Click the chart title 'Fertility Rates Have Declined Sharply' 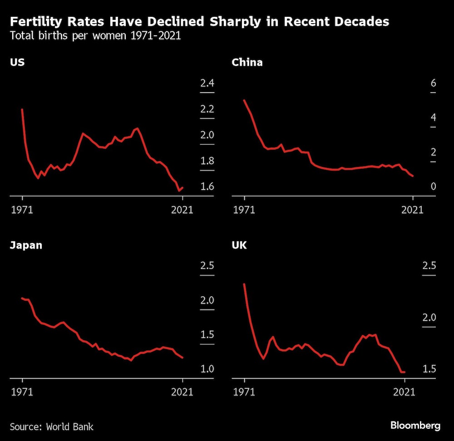tap(199, 22)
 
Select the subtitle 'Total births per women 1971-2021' tap(95, 36)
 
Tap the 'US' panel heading tap(17, 62)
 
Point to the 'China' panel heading tap(247, 62)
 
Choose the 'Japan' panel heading tap(26, 245)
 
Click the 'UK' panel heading tap(239, 245)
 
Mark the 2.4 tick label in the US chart tap(207, 83)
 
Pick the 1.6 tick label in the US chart tap(207, 187)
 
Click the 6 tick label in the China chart tap(433, 83)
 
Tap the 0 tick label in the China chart tap(433, 187)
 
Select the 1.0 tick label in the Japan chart tap(207, 369)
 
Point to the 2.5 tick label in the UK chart tap(429, 265)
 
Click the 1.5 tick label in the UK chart tap(429, 369)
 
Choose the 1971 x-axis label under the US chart tap(22, 210)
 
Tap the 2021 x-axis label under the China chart tap(413, 210)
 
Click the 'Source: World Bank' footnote tap(52, 426)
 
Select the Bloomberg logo tap(415, 426)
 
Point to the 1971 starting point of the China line tap(244, 100)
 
